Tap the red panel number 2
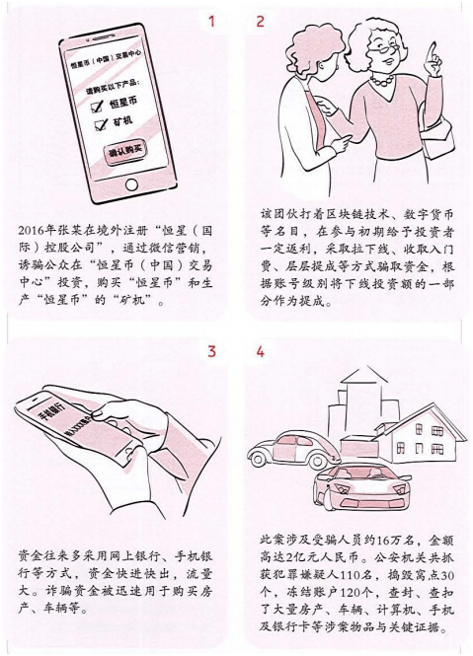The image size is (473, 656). (261, 22)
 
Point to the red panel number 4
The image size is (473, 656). (261, 352)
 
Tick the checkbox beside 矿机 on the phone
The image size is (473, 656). (98, 124)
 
